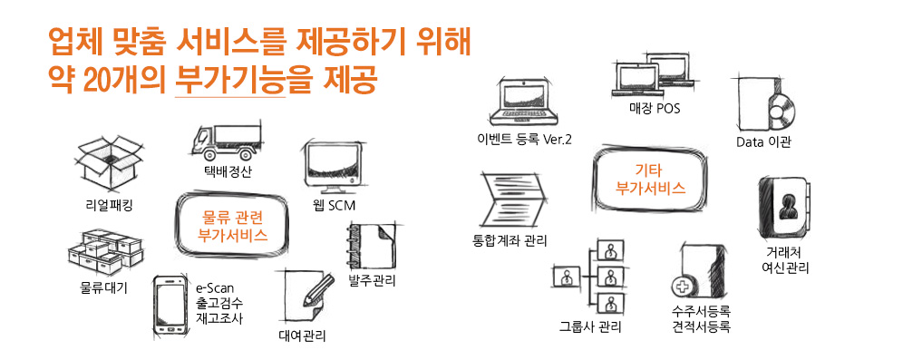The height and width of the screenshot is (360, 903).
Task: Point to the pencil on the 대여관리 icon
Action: (319, 288)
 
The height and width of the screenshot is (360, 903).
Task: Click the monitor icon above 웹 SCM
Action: (331, 168)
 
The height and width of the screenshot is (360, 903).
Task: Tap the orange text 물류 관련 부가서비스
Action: (232, 225)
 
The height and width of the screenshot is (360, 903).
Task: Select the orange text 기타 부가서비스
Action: (650, 179)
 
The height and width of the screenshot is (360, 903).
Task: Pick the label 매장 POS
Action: (655, 108)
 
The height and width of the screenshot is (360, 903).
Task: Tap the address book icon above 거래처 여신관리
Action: (785, 208)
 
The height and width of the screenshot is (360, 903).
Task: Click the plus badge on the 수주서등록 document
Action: (680, 286)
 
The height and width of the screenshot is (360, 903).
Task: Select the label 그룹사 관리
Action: (590, 327)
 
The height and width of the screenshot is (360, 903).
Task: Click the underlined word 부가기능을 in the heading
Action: (230, 82)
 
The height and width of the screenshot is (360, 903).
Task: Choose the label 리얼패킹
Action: (108, 204)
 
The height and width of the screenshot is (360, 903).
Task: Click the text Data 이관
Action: (763, 142)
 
